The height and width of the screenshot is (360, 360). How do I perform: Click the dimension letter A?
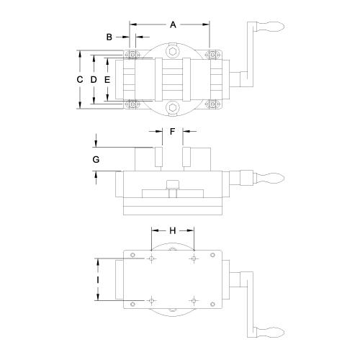[x=173, y=24]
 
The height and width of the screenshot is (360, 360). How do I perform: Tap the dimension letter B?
[x=109, y=37]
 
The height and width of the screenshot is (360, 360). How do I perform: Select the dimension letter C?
[x=80, y=79]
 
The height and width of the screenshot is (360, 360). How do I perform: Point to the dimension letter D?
[x=94, y=79]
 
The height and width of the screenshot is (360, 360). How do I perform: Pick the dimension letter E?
[x=107, y=79]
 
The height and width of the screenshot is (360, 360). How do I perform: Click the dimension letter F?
[x=172, y=131]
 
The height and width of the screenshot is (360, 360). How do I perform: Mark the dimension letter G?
[x=96, y=159]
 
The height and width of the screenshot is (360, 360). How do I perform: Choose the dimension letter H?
[x=173, y=230]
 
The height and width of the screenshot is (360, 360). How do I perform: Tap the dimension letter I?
[x=98, y=279]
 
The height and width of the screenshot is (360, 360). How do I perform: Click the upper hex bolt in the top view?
[x=173, y=52]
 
